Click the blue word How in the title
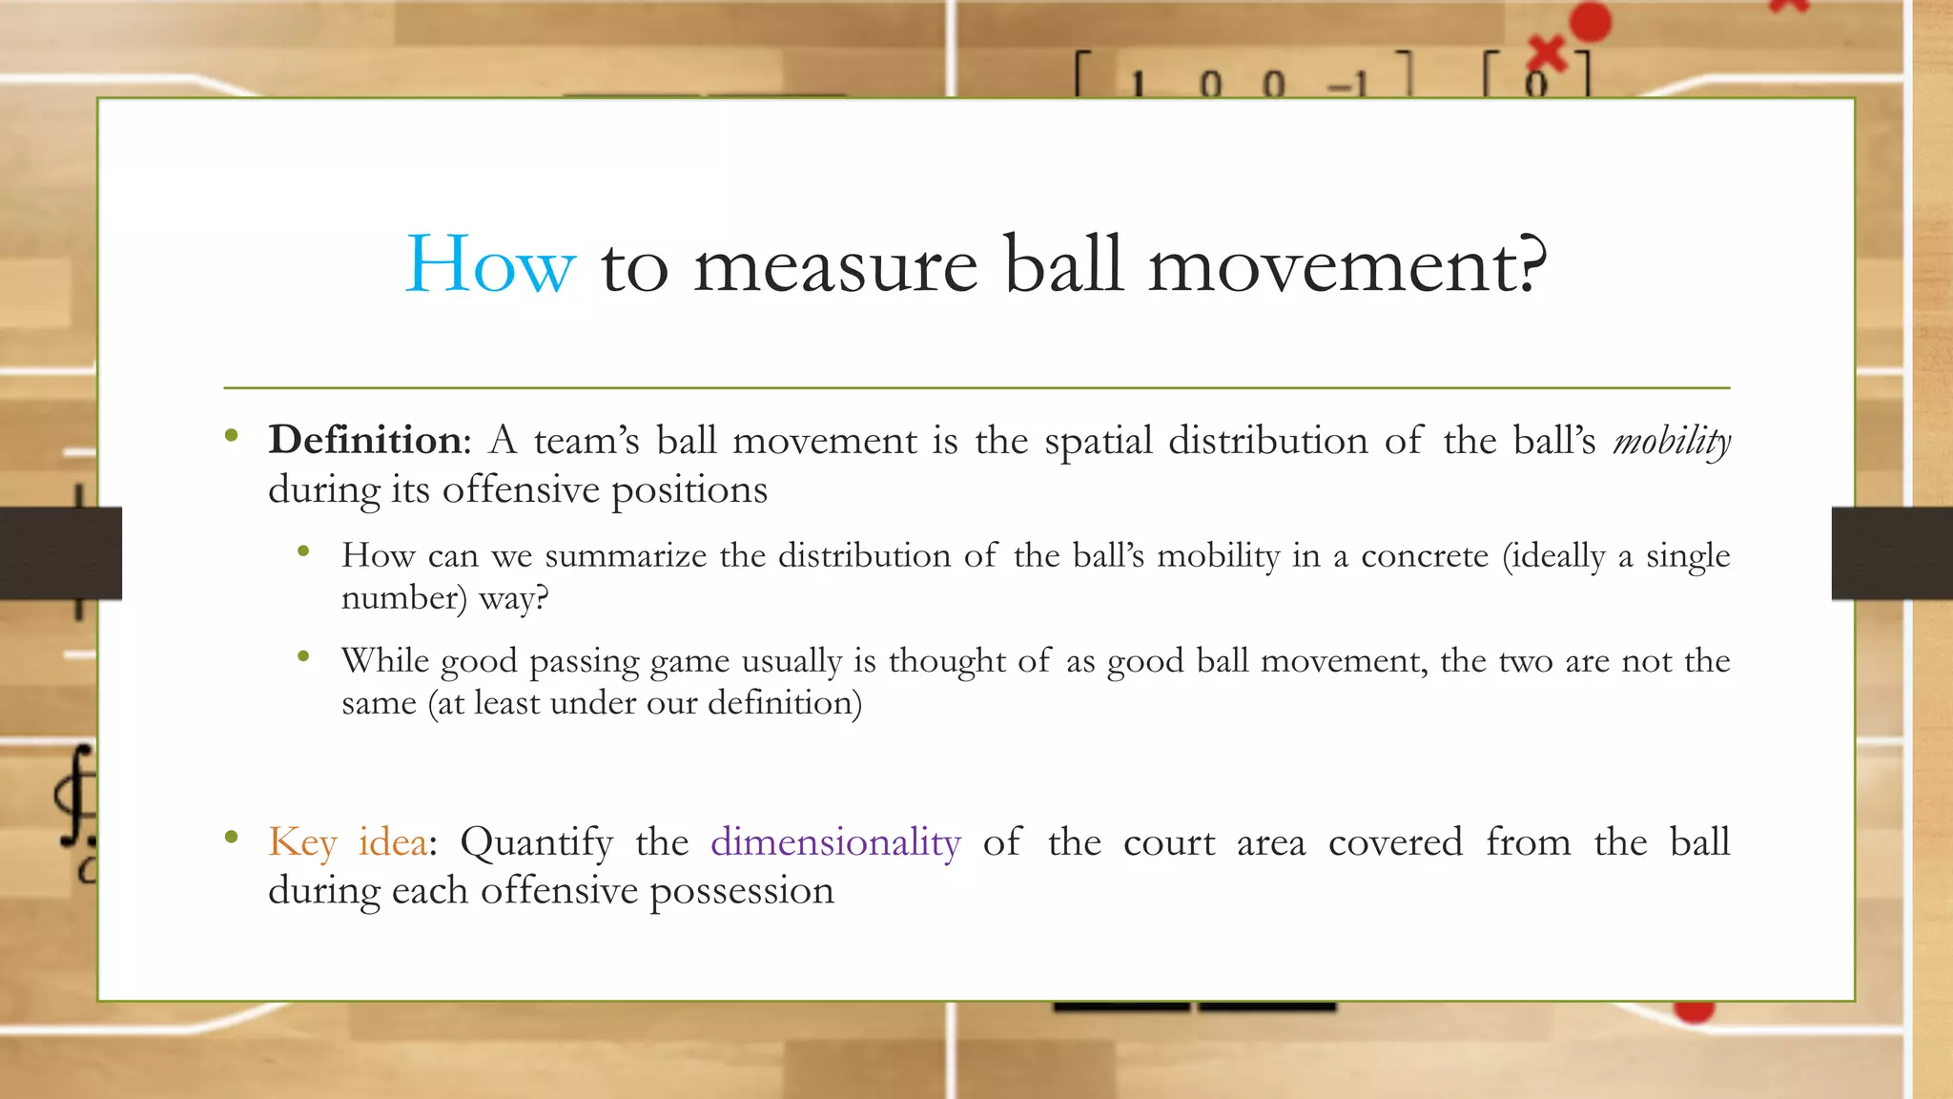(x=490, y=264)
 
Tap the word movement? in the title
(x=1347, y=264)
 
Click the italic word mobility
(x=1671, y=442)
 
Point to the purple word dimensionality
(x=835, y=842)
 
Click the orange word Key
(x=302, y=843)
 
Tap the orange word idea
(x=392, y=842)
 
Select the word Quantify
(x=536, y=843)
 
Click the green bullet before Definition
(x=231, y=437)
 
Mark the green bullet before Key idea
(x=231, y=838)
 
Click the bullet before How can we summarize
(x=303, y=550)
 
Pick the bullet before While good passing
(x=303, y=655)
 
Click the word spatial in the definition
(x=1097, y=442)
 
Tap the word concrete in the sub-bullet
(x=1424, y=555)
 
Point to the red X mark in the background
(x=1547, y=53)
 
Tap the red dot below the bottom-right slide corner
(x=1694, y=1010)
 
